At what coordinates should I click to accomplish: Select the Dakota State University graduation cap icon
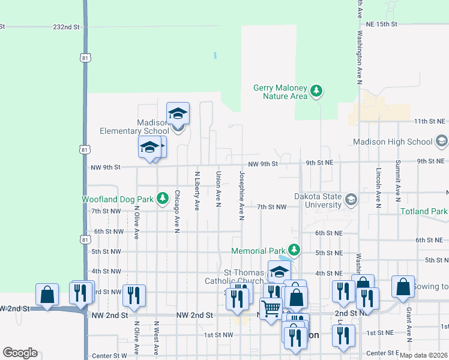tap(351, 199)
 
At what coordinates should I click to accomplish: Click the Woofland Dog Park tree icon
tap(162, 198)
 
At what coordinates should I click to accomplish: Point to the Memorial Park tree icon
tap(294, 249)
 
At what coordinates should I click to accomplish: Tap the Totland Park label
tap(423, 211)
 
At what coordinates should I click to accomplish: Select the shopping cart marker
tap(271, 308)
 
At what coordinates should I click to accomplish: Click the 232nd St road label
tap(66, 27)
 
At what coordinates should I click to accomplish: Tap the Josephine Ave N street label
tap(241, 196)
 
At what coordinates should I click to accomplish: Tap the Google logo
tap(20, 353)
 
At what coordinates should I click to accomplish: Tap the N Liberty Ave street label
tap(197, 191)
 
